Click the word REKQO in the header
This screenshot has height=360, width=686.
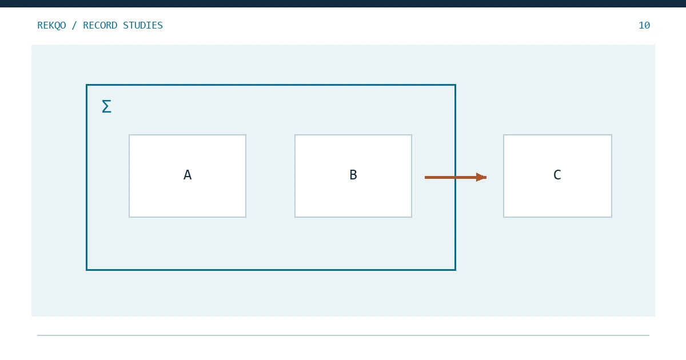coord(51,25)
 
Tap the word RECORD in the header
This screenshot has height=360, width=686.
coord(100,25)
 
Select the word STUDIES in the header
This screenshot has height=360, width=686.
coord(143,25)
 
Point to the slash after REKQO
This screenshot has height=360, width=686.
coord(74,25)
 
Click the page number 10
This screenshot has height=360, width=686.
coord(644,25)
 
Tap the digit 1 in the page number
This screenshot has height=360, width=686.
coord(641,25)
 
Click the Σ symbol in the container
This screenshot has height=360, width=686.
coord(106,106)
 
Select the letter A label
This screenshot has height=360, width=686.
coord(188,175)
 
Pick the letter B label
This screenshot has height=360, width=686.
coord(353,175)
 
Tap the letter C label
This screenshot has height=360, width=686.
coord(557,175)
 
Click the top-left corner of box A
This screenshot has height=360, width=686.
coord(129,135)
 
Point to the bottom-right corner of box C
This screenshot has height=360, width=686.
coord(612,217)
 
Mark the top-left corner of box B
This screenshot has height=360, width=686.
coord(295,135)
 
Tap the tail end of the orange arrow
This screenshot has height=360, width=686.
coord(425,177)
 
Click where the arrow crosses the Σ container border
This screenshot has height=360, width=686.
coord(456,177)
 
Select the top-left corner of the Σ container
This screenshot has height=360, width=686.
coord(87,85)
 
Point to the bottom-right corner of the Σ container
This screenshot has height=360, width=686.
coord(456,270)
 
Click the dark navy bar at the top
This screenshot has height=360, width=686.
coord(343,3)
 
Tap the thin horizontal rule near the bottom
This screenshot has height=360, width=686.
coord(343,335)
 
